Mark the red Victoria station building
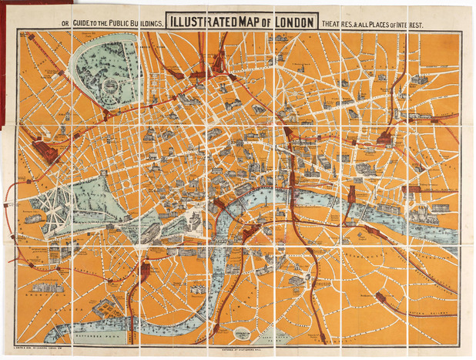tap(144, 271)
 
